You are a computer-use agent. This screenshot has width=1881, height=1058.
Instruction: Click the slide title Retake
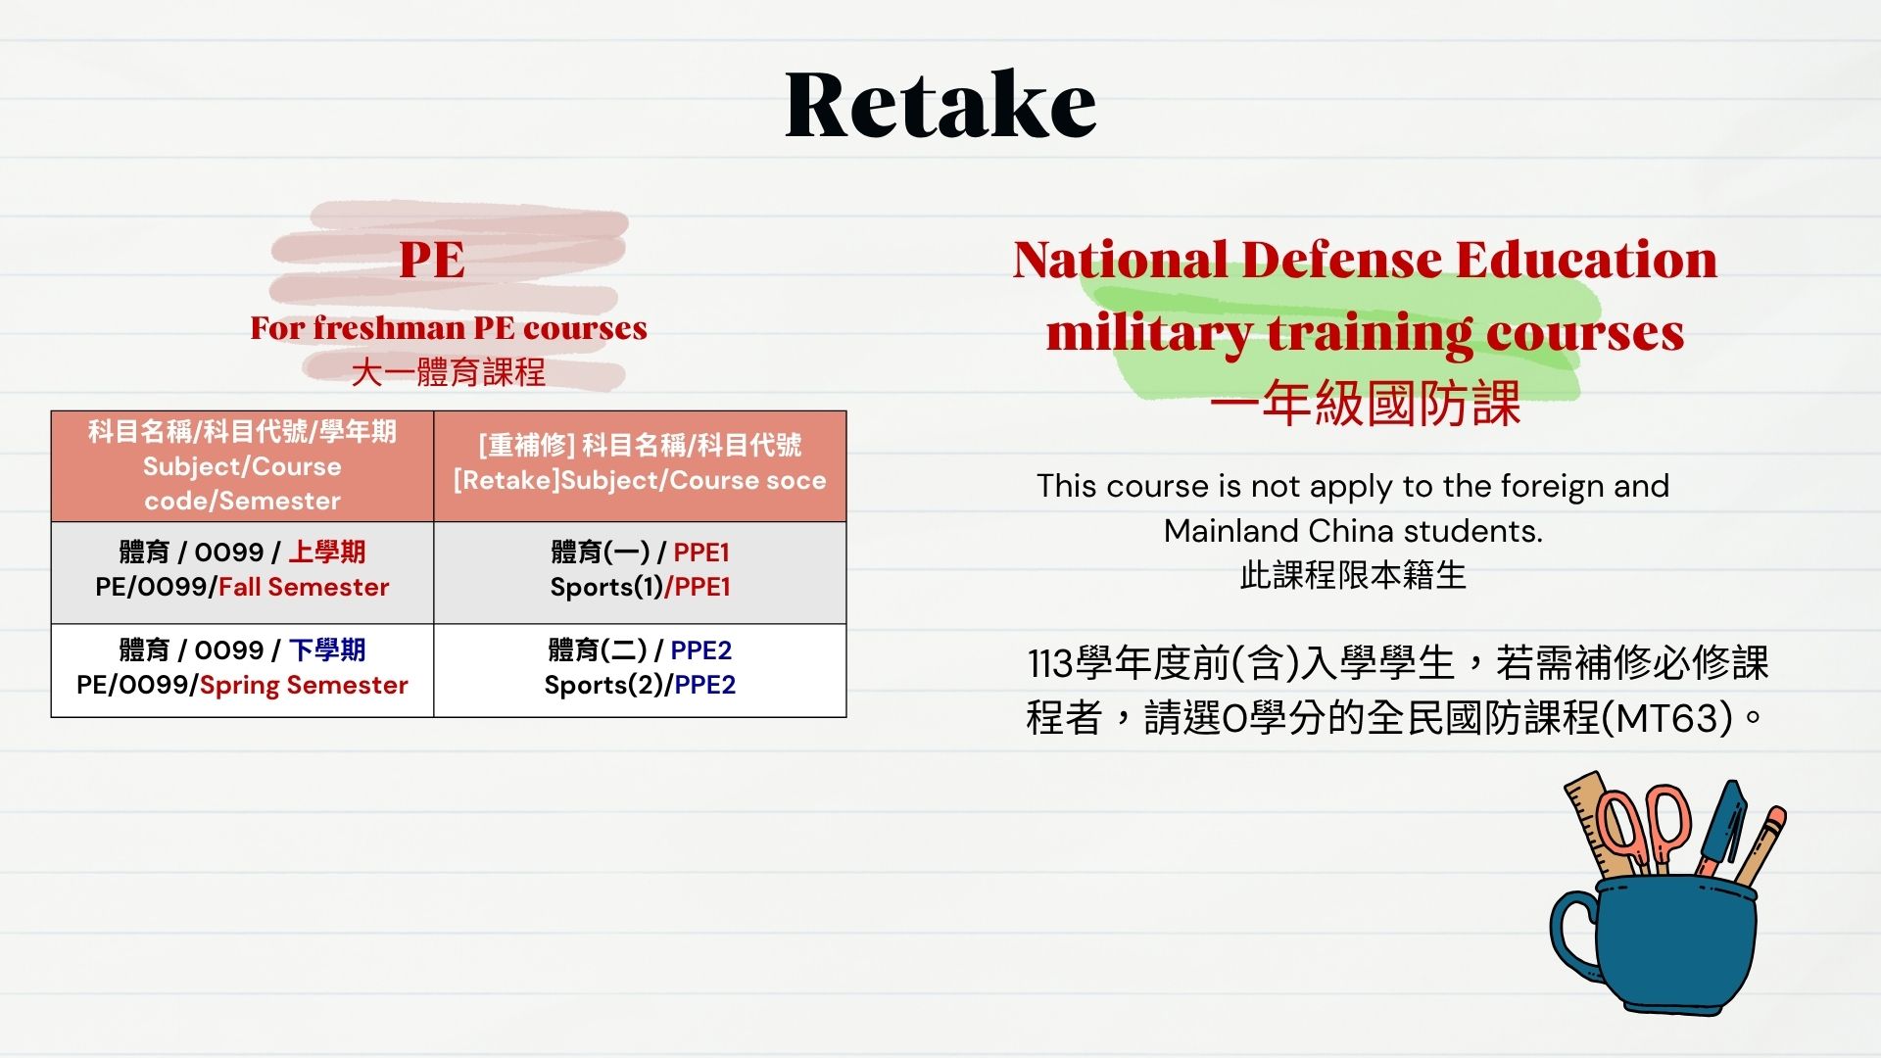[x=940, y=104]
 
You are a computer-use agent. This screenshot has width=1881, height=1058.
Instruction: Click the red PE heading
[x=432, y=260]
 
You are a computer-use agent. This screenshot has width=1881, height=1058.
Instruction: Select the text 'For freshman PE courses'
[x=449, y=327]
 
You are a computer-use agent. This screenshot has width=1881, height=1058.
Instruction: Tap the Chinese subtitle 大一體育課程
[x=449, y=372]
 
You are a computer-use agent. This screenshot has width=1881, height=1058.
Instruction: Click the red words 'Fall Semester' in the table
[x=304, y=587]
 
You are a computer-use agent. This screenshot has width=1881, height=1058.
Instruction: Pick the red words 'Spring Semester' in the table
[x=304, y=685]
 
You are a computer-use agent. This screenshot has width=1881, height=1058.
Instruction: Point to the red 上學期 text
[x=326, y=552]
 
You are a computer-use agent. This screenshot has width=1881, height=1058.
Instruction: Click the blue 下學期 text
[x=327, y=649]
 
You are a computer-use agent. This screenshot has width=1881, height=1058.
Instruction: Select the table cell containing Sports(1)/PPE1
[x=640, y=572]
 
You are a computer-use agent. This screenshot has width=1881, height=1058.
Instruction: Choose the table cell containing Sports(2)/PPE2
[x=640, y=670]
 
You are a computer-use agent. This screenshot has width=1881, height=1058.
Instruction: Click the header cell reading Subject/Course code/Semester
[x=242, y=466]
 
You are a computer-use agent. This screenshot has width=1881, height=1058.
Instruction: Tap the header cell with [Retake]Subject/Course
[x=640, y=466]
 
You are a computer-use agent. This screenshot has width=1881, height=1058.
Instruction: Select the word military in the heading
[x=1148, y=332]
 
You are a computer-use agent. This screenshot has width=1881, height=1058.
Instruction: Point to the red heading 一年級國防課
[x=1365, y=403]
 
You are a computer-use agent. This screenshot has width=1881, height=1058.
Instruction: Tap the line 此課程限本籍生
[x=1353, y=575]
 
